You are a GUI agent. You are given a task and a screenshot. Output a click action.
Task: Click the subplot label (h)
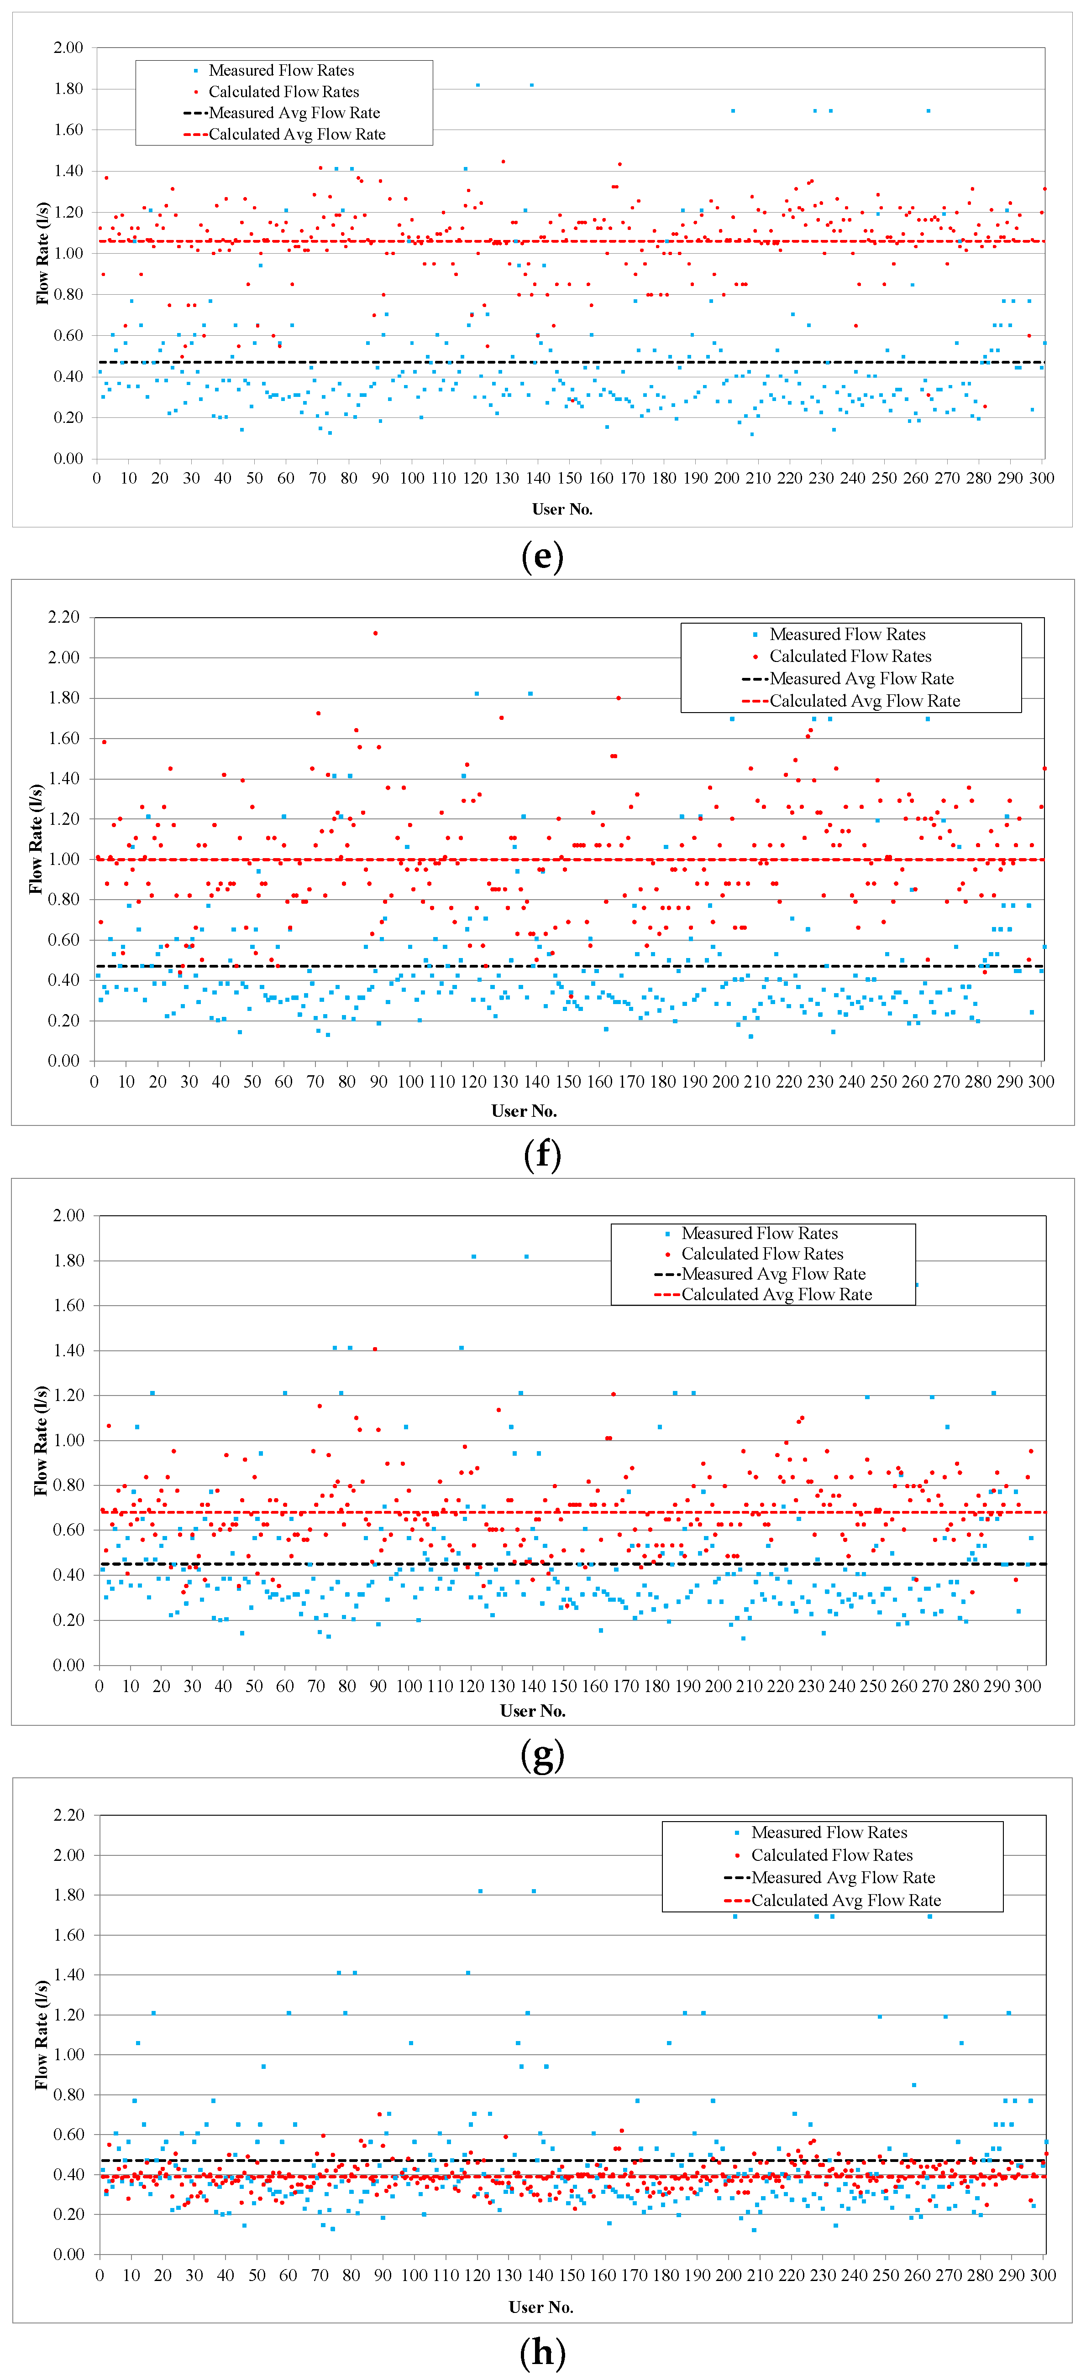[x=542, y=2352]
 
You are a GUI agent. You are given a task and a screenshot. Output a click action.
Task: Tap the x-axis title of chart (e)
[x=562, y=509]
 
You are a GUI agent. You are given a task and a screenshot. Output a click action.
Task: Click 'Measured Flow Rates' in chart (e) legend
[x=281, y=70]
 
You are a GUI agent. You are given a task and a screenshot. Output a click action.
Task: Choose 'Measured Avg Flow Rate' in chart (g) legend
[x=773, y=1274]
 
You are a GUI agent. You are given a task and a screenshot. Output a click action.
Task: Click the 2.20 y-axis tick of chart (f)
[x=64, y=617]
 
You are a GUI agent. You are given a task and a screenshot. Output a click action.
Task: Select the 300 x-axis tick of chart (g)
[x=1028, y=1686]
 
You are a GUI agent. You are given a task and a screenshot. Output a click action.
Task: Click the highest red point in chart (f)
[x=375, y=633]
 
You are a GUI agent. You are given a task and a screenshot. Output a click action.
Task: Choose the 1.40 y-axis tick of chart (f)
[x=64, y=779]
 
